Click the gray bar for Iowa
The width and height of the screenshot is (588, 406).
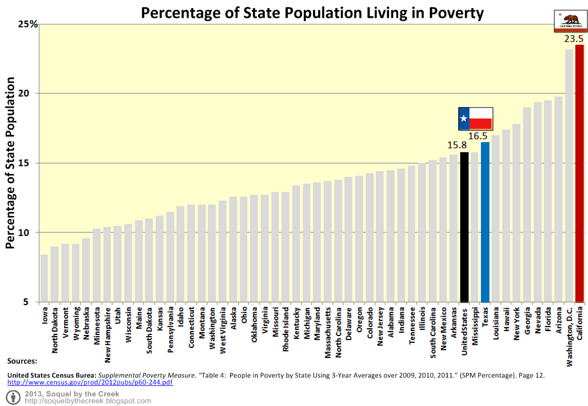(44, 278)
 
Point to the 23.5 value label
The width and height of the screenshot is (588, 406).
(573, 39)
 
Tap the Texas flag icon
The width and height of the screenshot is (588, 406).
(475, 119)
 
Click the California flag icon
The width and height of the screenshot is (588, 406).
(569, 21)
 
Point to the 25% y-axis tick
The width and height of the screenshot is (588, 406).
(27, 24)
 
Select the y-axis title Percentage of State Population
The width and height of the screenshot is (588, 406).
(11, 164)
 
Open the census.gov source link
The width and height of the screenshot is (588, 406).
(90, 382)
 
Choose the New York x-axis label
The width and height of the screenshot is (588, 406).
(517, 324)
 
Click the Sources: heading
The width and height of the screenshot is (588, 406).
(22, 361)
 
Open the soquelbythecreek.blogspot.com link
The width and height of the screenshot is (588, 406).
(88, 401)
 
